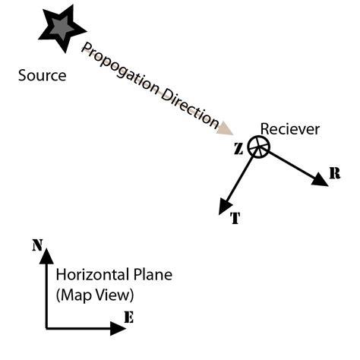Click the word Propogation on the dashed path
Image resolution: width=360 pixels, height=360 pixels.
[x=118, y=69]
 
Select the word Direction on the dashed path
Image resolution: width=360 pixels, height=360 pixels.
[x=187, y=106]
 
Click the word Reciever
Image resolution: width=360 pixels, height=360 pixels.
[x=290, y=128]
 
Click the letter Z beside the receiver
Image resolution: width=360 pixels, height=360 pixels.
[x=238, y=149]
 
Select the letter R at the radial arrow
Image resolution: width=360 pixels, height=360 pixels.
[x=335, y=174]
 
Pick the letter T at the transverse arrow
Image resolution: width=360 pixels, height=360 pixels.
[x=235, y=219]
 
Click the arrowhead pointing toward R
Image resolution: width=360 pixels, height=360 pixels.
[x=318, y=179]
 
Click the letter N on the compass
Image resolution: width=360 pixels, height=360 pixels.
[x=36, y=245]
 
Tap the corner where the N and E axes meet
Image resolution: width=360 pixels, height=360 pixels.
[x=46, y=328]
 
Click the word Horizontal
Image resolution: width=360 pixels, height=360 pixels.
[x=86, y=274]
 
